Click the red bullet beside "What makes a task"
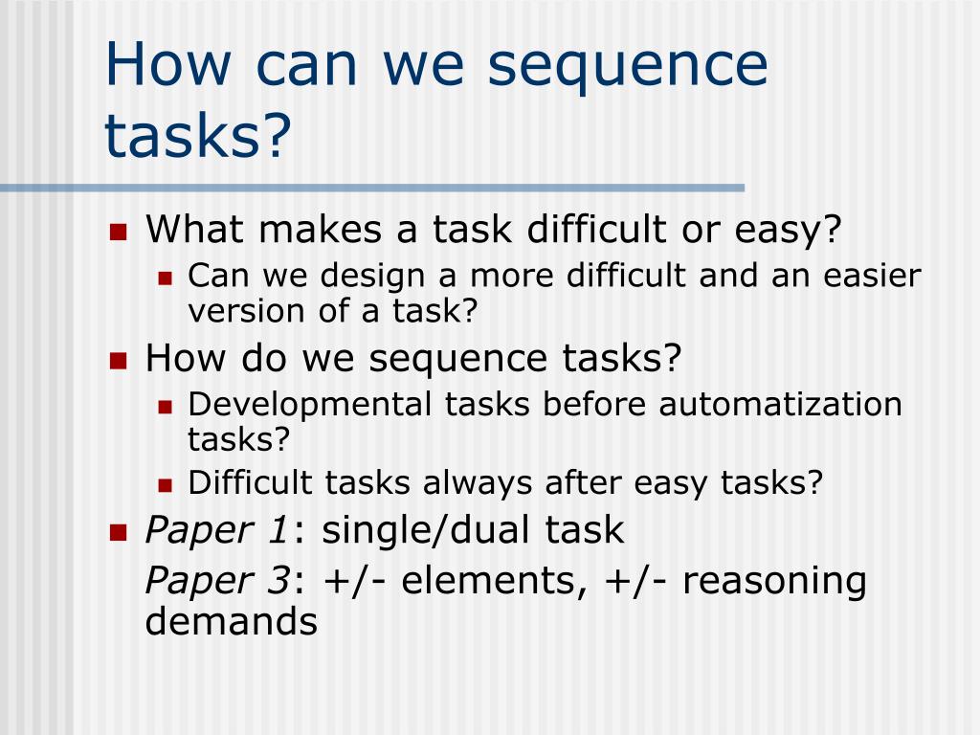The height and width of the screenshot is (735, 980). [x=119, y=232]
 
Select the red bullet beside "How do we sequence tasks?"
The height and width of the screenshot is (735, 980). [x=119, y=361]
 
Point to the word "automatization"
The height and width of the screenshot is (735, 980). [x=780, y=404]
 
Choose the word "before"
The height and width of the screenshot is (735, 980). [x=594, y=404]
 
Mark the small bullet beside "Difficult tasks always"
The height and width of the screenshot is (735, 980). [x=165, y=484]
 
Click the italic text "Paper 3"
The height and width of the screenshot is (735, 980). [x=217, y=580]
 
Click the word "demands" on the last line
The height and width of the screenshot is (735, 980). [x=231, y=622]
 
